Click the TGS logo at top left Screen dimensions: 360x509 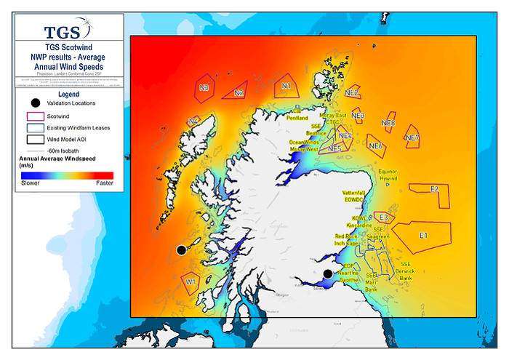67,31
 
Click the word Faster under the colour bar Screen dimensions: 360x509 104,183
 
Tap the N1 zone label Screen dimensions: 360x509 286,87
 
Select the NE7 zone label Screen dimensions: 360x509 412,137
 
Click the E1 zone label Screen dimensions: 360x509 423,235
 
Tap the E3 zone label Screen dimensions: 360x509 382,217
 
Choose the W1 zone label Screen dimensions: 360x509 191,279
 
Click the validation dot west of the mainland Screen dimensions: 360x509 181,250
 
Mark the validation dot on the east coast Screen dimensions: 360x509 328,273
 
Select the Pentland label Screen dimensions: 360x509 297,117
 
